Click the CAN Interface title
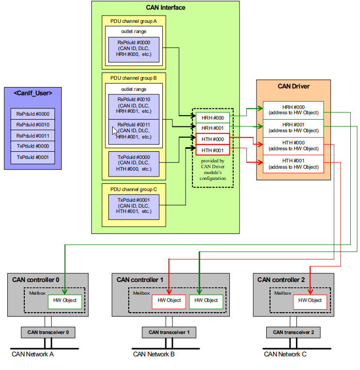tap(165, 7)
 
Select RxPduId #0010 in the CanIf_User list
tap(33, 125)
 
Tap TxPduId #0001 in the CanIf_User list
tap(33, 157)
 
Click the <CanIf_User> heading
tap(33, 92)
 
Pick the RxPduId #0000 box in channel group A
tap(134, 48)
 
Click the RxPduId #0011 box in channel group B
tap(134, 131)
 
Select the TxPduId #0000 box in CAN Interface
tap(134, 163)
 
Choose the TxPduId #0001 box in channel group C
tap(134, 205)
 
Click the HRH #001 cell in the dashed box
tap(212, 128)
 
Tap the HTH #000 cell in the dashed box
tap(212, 139)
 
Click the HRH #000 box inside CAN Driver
tap(293, 109)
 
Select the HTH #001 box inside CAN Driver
tap(293, 164)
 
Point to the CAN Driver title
tap(293, 87)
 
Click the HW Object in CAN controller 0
tap(65, 300)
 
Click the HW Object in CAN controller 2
tap(310, 300)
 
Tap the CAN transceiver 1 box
tap(169, 333)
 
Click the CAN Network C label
tap(285, 354)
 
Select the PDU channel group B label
tap(134, 78)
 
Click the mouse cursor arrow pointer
tap(115, 131)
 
